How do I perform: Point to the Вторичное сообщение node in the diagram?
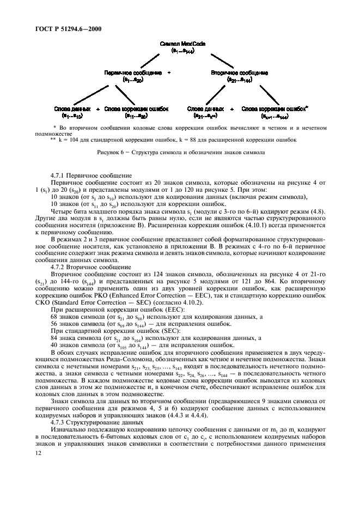[x=239, y=72]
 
